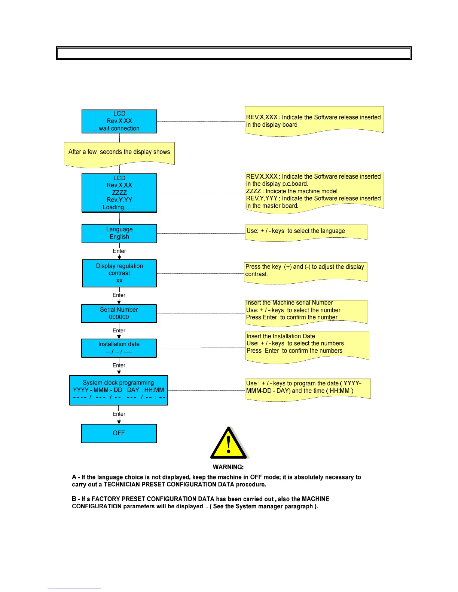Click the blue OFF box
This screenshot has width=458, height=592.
point(119,433)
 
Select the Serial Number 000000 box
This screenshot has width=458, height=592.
point(119,314)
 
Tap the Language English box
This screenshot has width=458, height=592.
point(119,233)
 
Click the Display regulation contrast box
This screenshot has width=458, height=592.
point(119,273)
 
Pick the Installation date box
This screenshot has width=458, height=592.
point(119,348)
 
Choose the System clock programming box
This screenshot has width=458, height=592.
point(119,390)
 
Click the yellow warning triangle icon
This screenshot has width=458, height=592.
point(229,444)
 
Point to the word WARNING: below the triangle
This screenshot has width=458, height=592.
point(228,467)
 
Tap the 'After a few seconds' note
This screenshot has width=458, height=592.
point(119,152)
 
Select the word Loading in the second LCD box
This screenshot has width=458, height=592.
point(114,207)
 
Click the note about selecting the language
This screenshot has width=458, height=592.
point(296,231)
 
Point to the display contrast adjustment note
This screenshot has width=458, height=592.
point(305,270)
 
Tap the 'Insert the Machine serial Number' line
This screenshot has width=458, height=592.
point(289,303)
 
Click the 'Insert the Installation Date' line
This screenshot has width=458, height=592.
point(281,336)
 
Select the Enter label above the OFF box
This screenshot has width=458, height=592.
point(119,414)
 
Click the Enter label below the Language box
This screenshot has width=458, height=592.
point(119,251)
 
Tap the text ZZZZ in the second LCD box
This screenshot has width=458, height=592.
point(119,192)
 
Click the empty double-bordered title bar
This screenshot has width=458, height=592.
point(234,53)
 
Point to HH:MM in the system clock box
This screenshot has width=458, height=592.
point(154,390)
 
